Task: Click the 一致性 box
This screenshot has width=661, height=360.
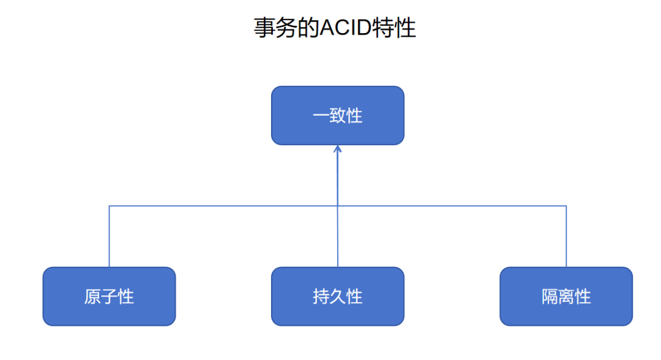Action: click(x=337, y=116)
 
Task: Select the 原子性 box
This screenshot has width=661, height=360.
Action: click(x=109, y=296)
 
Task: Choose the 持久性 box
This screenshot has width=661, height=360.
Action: click(x=337, y=296)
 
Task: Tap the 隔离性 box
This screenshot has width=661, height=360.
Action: click(x=566, y=296)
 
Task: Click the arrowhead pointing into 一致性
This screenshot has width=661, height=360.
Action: click(x=337, y=148)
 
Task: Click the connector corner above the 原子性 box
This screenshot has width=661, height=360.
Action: click(x=110, y=206)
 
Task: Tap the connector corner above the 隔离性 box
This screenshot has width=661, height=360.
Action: click(x=566, y=206)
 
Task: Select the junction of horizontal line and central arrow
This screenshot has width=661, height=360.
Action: click(x=337, y=206)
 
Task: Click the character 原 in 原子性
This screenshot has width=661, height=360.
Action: click(x=92, y=297)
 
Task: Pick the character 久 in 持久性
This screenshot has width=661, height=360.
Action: click(x=338, y=297)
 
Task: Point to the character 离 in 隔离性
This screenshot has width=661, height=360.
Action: click(x=566, y=297)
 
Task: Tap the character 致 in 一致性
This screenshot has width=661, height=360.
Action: click(x=338, y=116)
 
